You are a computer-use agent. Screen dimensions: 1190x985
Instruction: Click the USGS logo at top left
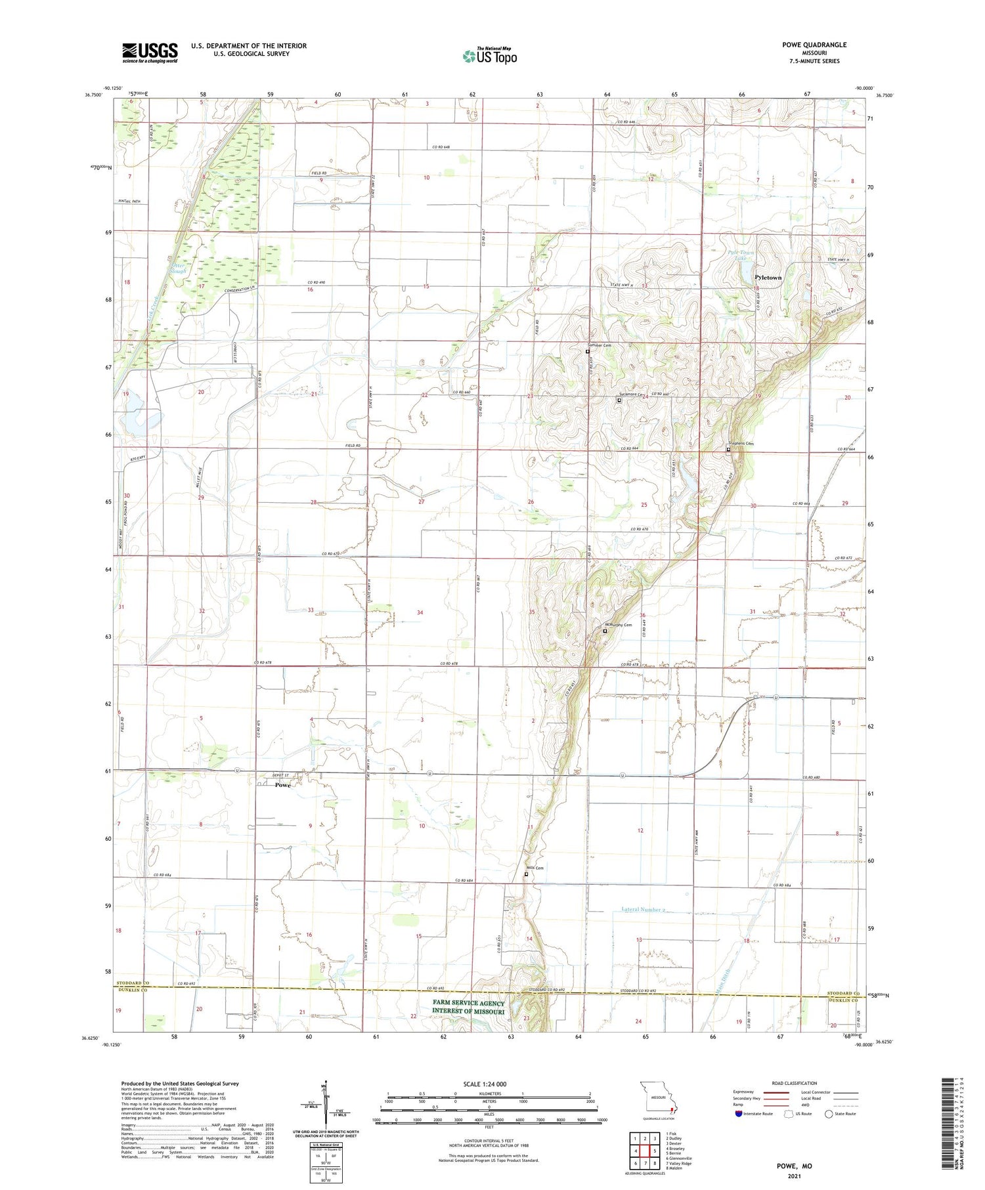tap(150, 53)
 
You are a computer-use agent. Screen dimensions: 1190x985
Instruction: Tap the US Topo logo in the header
tap(489, 56)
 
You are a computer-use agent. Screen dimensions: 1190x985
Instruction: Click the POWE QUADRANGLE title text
tap(814, 45)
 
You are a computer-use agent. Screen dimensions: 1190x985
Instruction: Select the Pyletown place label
tap(768, 278)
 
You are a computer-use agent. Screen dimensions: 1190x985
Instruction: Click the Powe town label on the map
tap(282, 785)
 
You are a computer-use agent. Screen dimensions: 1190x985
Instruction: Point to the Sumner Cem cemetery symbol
tap(588, 351)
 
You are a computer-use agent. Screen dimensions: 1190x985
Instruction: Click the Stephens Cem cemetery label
tap(741, 444)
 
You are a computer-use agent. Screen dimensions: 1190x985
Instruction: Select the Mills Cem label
tap(535, 868)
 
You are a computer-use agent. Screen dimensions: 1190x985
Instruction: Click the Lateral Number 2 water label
tap(643, 910)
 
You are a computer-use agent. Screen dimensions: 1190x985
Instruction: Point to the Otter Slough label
tap(177, 268)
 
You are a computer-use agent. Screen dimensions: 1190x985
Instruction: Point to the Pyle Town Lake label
tap(741, 255)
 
